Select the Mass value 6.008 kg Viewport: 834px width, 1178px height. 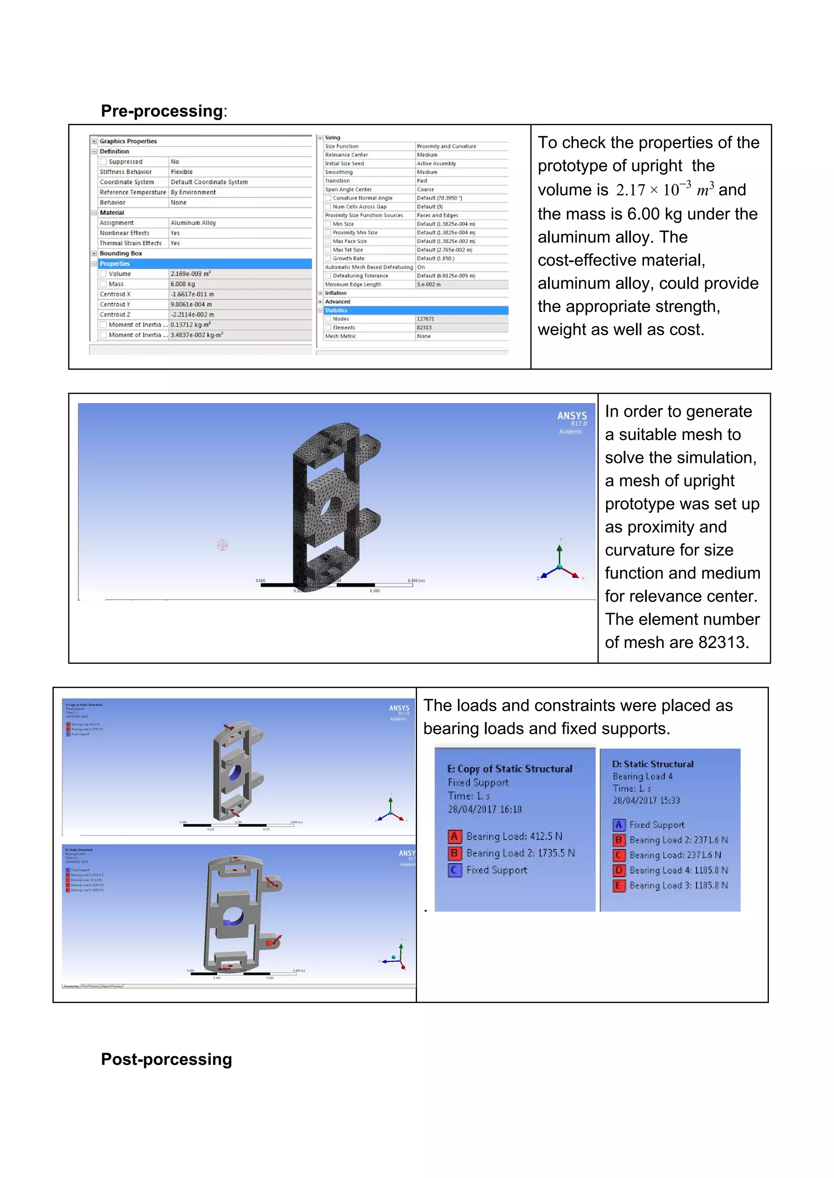(x=183, y=284)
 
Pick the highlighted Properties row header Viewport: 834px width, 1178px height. (x=115, y=263)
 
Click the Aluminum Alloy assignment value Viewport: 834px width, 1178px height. (x=193, y=223)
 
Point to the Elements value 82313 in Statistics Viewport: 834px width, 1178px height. (x=424, y=328)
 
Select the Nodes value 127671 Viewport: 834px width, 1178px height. (x=425, y=319)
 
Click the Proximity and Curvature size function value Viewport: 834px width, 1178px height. (x=446, y=146)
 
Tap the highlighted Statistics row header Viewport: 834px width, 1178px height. (x=336, y=310)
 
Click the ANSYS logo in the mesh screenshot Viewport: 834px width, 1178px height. (x=572, y=416)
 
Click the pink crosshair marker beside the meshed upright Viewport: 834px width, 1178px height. (x=222, y=545)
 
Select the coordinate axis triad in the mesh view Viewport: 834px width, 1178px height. (x=560, y=565)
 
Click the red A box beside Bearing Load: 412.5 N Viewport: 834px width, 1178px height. (x=454, y=836)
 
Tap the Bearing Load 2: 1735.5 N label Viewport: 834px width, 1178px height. (x=520, y=853)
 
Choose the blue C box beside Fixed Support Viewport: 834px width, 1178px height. (x=454, y=870)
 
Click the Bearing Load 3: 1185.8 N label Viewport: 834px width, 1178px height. (x=678, y=885)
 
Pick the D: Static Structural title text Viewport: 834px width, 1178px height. (x=652, y=764)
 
